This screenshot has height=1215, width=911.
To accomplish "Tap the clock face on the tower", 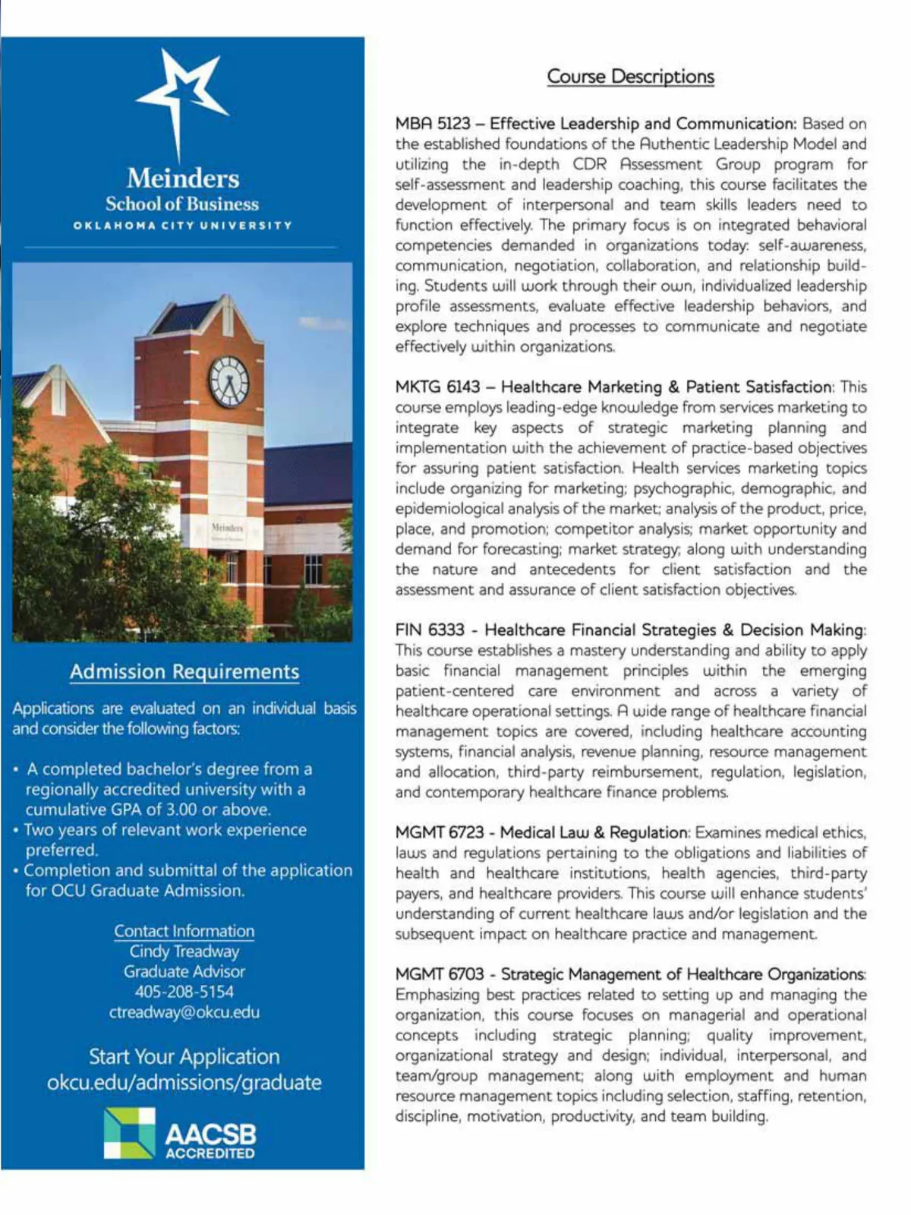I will [229, 380].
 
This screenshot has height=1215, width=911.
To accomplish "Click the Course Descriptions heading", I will [630, 77].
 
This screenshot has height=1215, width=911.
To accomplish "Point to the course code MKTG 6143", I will [437, 387].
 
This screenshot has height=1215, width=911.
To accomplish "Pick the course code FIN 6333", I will [430, 630].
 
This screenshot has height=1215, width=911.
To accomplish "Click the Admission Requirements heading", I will [184, 672].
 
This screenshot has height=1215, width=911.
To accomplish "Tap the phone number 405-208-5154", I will [184, 992].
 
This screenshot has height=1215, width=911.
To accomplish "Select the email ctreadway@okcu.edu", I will [184, 1012].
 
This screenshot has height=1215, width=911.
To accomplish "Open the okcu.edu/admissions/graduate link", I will [184, 1082].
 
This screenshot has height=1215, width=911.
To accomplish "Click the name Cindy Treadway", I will [184, 951].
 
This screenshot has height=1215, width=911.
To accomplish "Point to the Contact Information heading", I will [184, 931].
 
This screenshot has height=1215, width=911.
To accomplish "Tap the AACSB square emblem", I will [129, 1133].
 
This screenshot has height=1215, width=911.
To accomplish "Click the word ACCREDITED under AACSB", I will [210, 1153].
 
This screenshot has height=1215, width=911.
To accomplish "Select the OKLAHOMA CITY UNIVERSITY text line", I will [183, 226].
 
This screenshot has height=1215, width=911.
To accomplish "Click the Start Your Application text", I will [184, 1056].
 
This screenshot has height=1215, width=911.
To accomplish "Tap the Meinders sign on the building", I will [227, 528].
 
